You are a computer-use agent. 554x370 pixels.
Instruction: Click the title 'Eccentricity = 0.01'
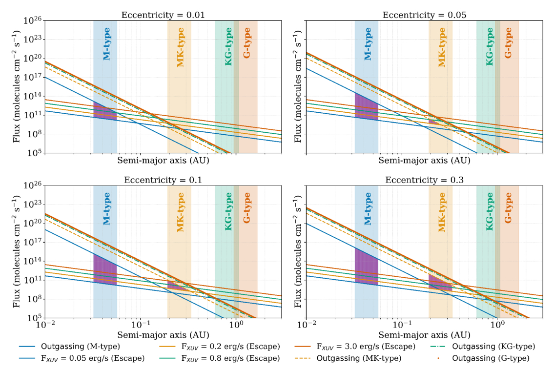pyautogui.click(x=163, y=15)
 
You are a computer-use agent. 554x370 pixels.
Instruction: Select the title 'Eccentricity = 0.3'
pyautogui.click(x=424, y=180)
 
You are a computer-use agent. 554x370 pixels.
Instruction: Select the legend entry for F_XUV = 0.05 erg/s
pyautogui.click(x=82, y=358)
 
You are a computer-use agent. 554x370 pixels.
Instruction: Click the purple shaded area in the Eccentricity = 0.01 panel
pyautogui.click(x=103, y=112)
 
